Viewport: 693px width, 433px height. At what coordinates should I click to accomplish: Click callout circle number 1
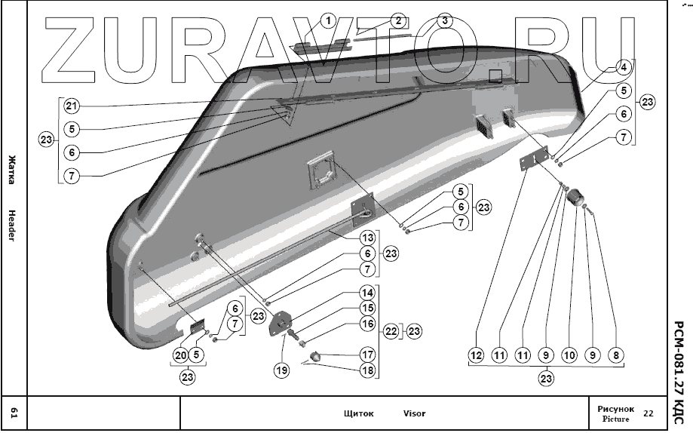click(327, 20)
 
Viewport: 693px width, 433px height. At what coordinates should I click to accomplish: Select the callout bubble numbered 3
click(445, 20)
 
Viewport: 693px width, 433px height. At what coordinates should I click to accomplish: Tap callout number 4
click(623, 67)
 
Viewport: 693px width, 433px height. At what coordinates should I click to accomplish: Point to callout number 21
click(71, 105)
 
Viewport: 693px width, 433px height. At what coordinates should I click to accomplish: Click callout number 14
click(366, 293)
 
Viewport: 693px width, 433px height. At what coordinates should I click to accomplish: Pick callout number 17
click(366, 354)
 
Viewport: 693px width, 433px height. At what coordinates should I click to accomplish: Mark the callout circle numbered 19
click(281, 370)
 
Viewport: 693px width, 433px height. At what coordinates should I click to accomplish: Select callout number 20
click(181, 355)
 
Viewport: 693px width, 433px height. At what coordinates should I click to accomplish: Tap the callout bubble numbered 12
click(476, 355)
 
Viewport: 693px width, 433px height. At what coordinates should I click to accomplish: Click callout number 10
click(569, 355)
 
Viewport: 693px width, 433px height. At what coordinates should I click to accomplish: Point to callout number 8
click(616, 355)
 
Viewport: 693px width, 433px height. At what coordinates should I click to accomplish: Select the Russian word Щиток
click(359, 413)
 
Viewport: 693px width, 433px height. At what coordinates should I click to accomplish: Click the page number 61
click(13, 412)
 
